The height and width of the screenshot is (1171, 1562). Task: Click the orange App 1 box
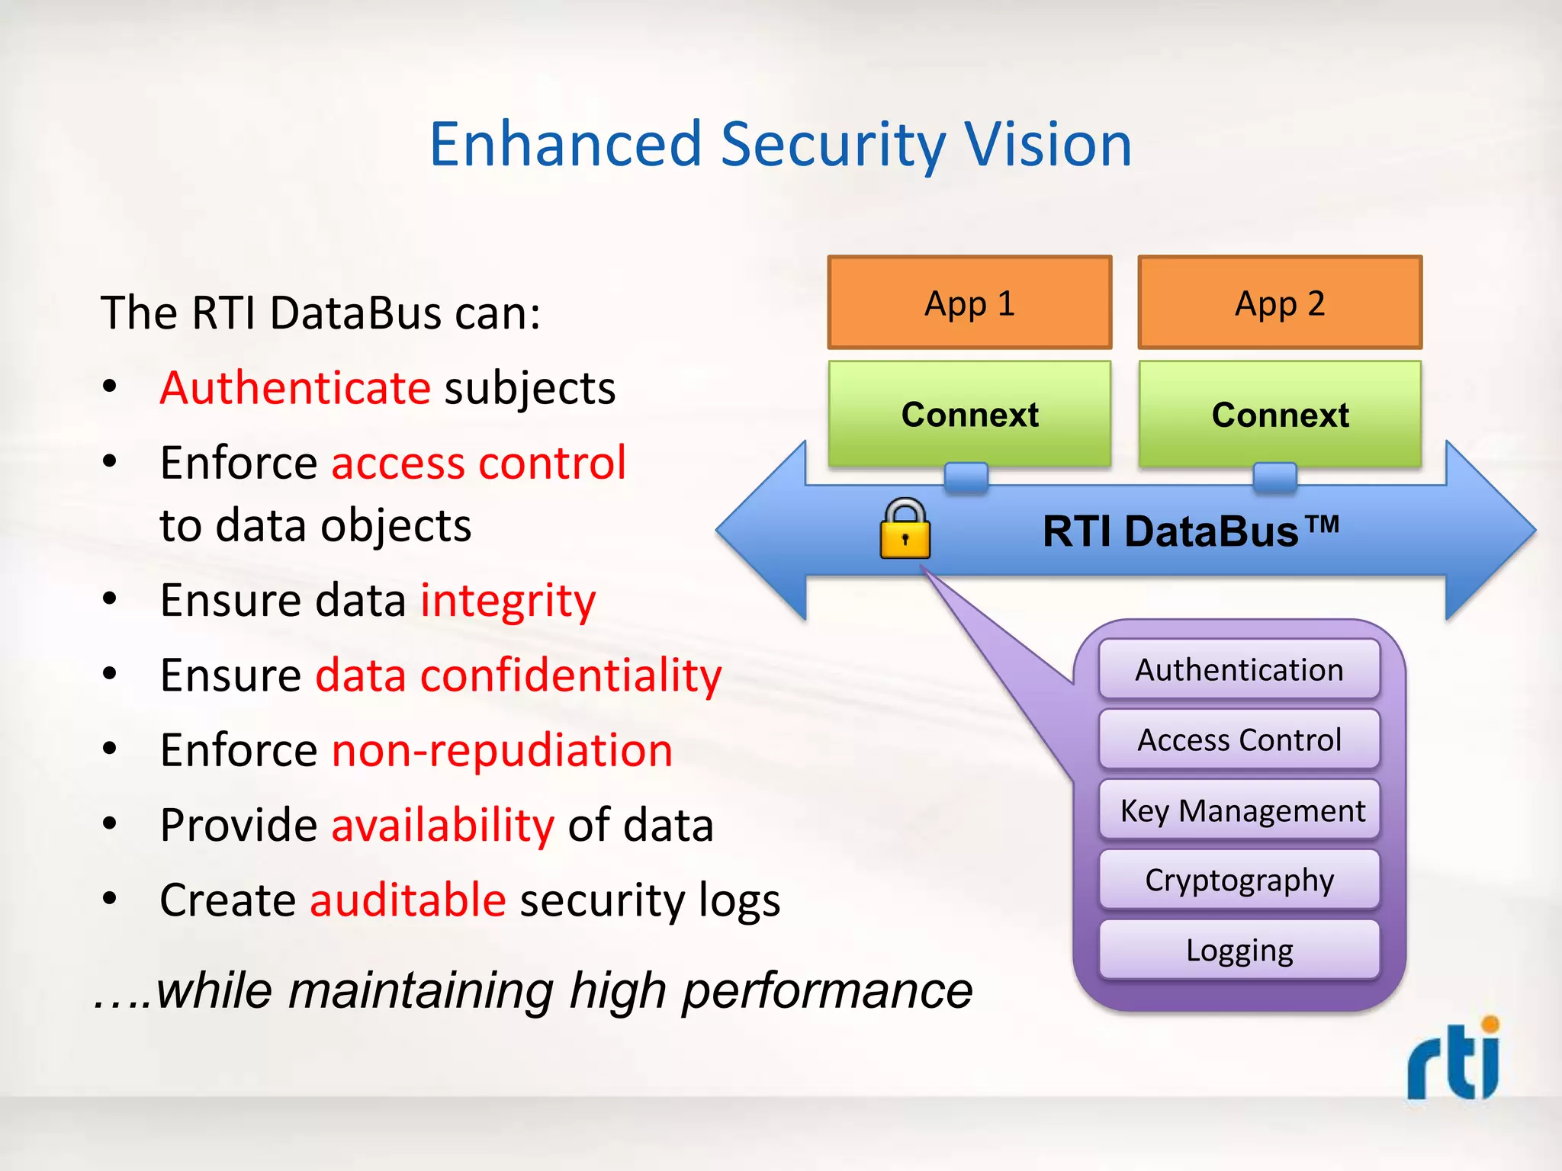pos(969,303)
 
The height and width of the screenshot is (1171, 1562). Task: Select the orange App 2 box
pos(1280,303)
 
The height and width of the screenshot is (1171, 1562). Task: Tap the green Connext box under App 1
pos(969,414)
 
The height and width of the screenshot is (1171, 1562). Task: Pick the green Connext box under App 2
pos(1280,414)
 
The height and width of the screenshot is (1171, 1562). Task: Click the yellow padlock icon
pos(905,530)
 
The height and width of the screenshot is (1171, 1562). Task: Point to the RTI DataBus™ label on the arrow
pos(1190,531)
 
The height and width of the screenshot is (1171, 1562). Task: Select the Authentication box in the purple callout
pos(1239,669)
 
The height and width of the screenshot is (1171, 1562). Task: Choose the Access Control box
pos(1239,739)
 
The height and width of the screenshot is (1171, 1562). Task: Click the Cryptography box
pos(1239,880)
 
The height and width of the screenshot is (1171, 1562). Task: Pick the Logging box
pos(1239,950)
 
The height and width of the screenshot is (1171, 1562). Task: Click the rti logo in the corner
pos(1454,1060)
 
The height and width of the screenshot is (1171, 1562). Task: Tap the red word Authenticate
pos(295,388)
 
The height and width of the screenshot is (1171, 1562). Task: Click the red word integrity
pos(508,600)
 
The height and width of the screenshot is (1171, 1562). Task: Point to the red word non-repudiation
pos(502,750)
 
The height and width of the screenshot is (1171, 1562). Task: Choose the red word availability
pos(442,825)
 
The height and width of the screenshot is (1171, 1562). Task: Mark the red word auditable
pos(408,900)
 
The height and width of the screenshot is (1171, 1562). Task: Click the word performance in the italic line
pos(827,991)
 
